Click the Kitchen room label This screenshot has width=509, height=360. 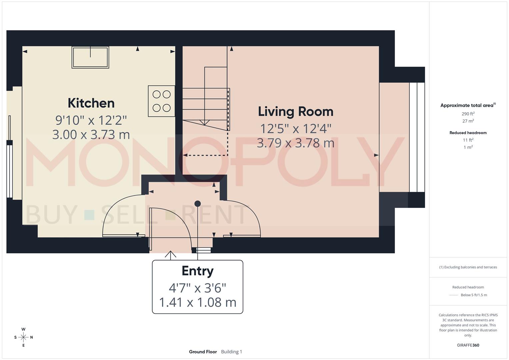coord(91,103)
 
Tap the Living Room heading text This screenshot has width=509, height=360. coord(296,112)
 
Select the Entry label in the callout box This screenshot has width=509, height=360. coord(197,271)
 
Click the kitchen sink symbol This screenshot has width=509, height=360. coord(90,57)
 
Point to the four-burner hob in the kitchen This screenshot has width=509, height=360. coord(162,101)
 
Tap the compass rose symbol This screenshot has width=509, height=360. coord(23,337)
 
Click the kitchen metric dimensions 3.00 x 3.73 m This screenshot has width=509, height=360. coord(91,134)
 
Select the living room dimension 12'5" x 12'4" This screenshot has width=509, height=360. coord(296,128)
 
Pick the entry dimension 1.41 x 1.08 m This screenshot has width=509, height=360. coord(197,302)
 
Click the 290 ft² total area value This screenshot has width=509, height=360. coord(468,114)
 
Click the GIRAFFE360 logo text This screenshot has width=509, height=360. coord(468,345)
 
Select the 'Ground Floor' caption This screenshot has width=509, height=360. coord(203,352)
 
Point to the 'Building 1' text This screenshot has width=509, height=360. coord(231,352)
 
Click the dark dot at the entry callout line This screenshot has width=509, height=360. coord(198,203)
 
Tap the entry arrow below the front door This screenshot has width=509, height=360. coord(171,255)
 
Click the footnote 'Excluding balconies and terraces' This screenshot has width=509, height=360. coord(468,267)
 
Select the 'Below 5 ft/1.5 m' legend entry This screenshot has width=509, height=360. coord(473,295)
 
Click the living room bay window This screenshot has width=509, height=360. coord(417,137)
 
